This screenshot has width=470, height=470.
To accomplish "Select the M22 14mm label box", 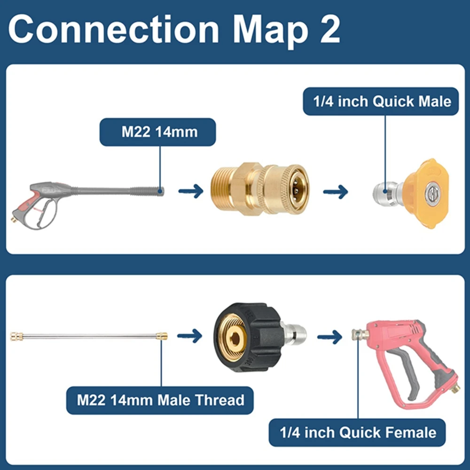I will coord(157,132).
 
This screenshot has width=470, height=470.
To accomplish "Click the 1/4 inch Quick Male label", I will coord(380,101).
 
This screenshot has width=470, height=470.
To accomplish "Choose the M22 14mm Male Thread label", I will coord(160,400).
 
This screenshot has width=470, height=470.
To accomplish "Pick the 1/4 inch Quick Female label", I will coord(357,432).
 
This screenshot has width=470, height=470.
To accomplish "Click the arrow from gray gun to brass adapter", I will coord(190,191).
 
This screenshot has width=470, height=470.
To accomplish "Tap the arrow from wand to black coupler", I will coord(189,336).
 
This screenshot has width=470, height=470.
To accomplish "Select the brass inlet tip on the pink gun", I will coord(359,335).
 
